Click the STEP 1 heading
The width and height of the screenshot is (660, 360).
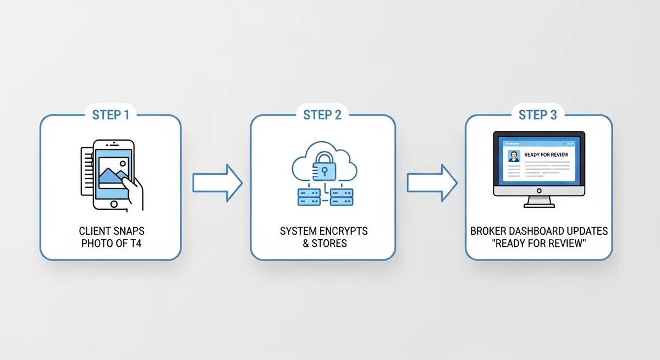(111, 115)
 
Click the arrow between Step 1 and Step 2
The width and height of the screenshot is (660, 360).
(217, 181)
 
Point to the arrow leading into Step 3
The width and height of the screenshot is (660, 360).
(432, 181)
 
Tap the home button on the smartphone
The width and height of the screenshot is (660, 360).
(114, 204)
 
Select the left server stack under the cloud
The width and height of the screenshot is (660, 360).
(309, 197)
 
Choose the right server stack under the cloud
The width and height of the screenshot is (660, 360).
(340, 197)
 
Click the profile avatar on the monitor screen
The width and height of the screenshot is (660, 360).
(514, 157)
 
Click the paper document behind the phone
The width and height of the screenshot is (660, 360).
(86, 170)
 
